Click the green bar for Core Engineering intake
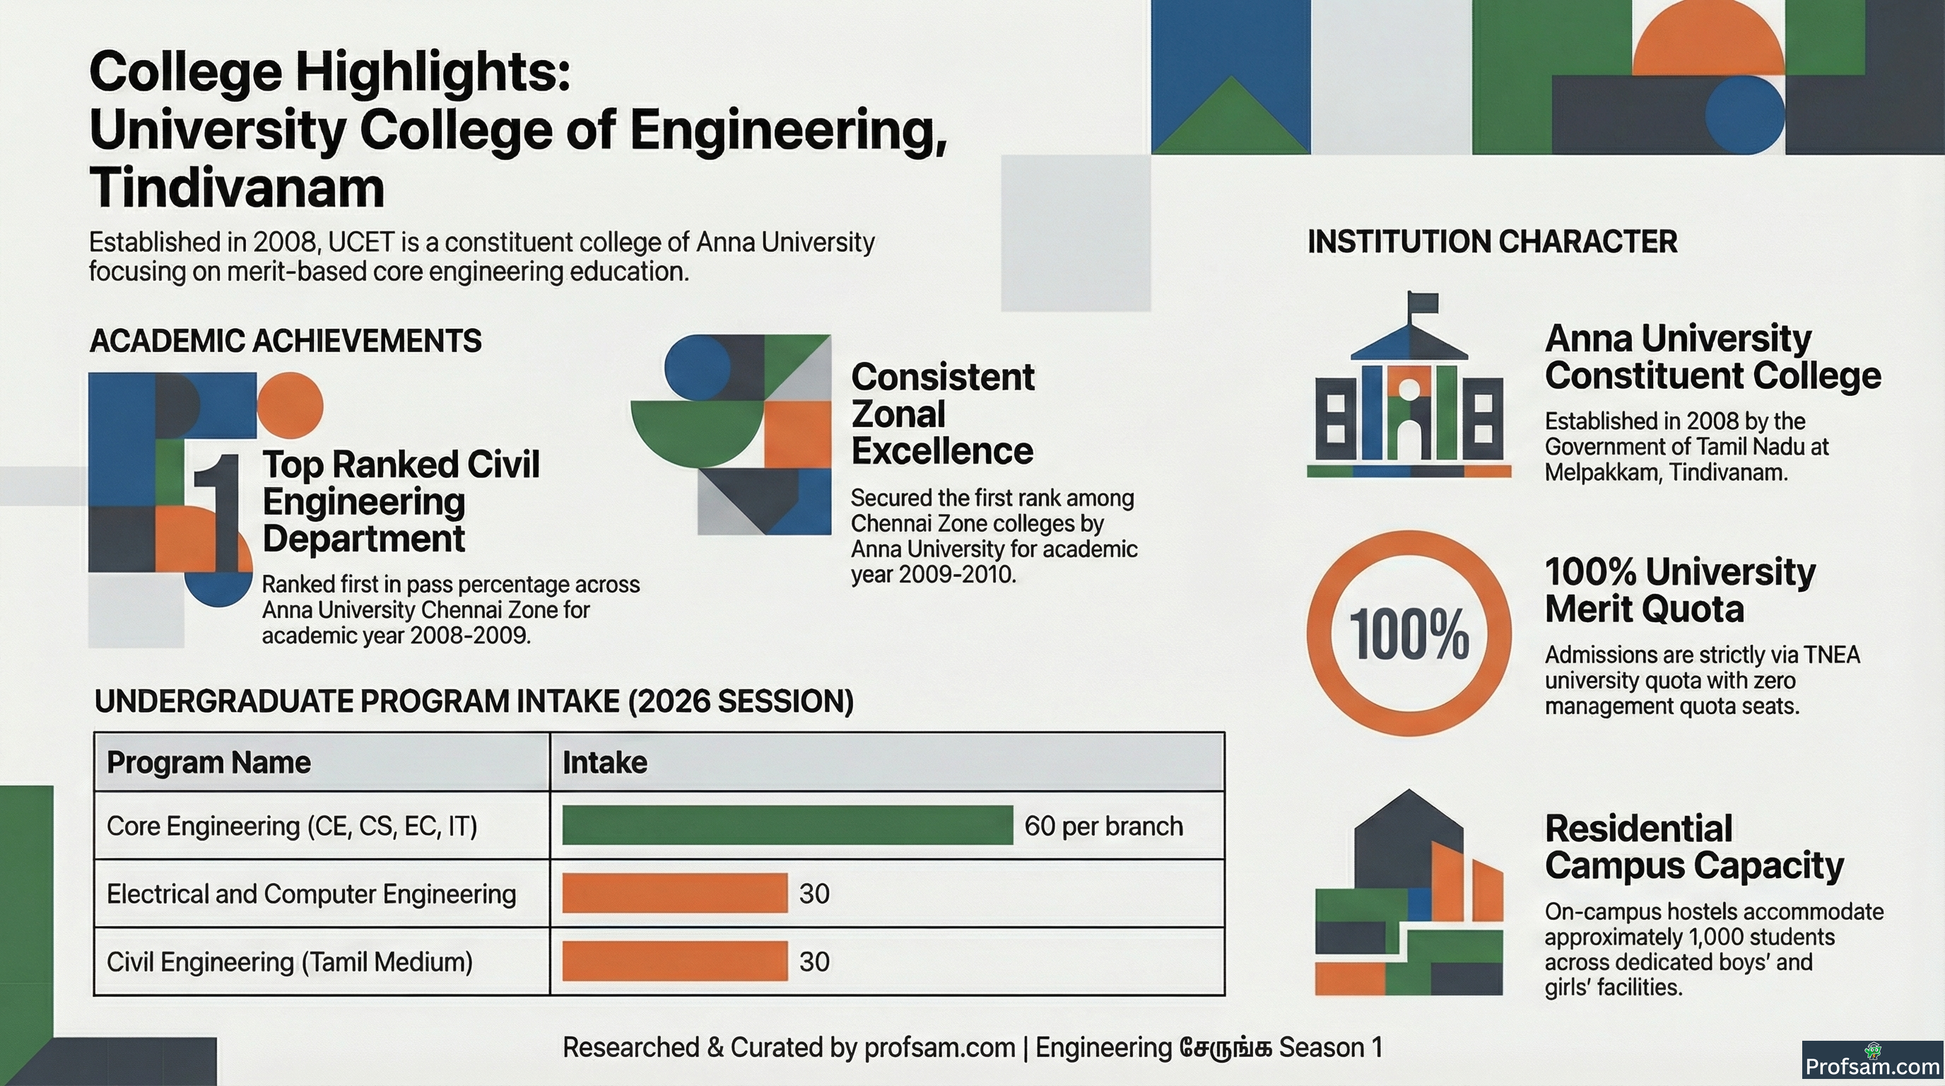point(787,824)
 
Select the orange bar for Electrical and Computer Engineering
point(675,894)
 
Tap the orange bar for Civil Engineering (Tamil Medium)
point(675,962)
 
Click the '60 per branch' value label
point(1103,827)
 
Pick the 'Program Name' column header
point(208,763)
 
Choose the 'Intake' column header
point(605,763)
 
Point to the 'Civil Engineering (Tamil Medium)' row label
point(290,962)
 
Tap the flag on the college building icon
point(1423,303)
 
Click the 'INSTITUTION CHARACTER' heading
point(1492,242)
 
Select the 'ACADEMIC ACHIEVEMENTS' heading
point(286,341)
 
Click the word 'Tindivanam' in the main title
point(237,188)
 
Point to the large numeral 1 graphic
point(217,512)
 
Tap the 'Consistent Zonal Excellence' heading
point(943,414)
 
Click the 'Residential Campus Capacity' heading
point(1694,846)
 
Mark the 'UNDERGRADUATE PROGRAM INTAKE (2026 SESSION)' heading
point(474,701)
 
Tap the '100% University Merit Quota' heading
point(1680,590)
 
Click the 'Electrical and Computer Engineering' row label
point(311,894)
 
